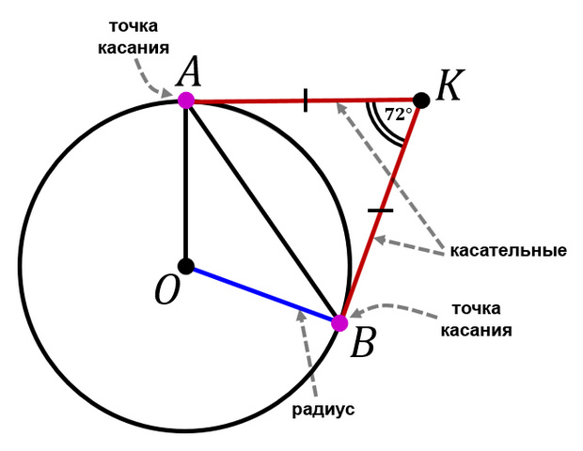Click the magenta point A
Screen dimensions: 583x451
tap(186, 101)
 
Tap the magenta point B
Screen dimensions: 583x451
tap(339, 322)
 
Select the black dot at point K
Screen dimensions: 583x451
tap(421, 101)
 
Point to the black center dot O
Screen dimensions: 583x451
tap(186, 266)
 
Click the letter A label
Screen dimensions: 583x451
tap(189, 71)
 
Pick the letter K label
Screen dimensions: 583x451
tap(449, 86)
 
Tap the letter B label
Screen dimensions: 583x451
tap(363, 342)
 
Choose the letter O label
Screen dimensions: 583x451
tap(167, 290)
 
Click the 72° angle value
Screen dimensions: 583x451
tap(398, 115)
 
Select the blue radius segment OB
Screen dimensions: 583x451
tap(263, 294)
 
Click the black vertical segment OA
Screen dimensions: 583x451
tap(186, 183)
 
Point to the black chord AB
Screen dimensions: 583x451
tap(263, 211)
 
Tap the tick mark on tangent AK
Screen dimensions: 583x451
tap(306, 101)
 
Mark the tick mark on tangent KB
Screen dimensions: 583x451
tap(381, 210)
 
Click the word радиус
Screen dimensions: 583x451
tap(323, 410)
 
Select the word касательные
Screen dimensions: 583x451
tap(509, 251)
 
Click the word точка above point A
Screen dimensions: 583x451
tap(134, 26)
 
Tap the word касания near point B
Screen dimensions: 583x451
tap(477, 330)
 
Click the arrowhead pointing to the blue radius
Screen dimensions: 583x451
tap(302, 315)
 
